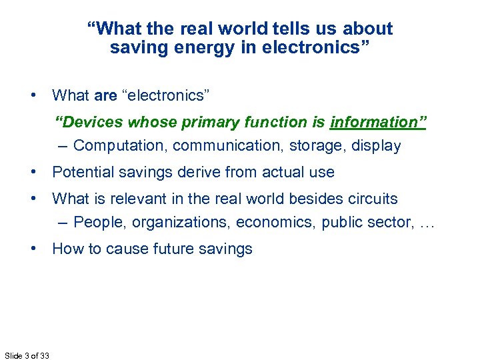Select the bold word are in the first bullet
pos(105,95)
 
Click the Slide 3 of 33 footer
pos(26,355)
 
